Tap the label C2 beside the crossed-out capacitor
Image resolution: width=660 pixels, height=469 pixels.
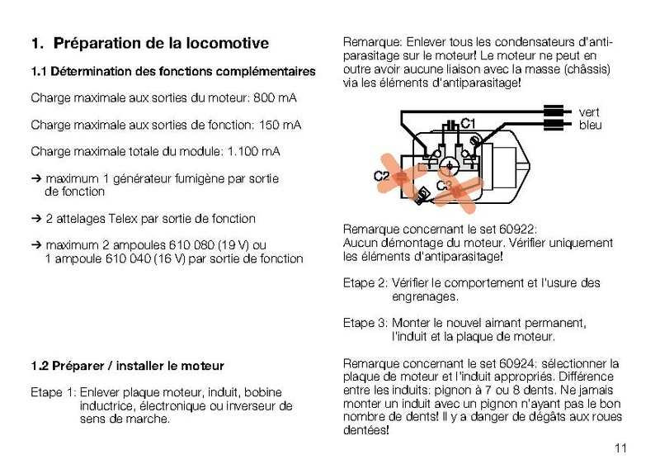click(x=381, y=176)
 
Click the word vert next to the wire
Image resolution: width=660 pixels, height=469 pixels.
click(x=589, y=111)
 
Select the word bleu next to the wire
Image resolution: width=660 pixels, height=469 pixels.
click(x=590, y=126)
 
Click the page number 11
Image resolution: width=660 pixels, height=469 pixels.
click(x=620, y=448)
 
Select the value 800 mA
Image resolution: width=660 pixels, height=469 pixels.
click(x=276, y=98)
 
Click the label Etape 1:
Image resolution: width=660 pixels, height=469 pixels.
click(x=53, y=392)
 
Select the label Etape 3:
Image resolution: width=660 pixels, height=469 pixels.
click(x=365, y=323)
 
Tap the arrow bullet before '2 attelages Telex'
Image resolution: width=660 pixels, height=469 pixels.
click(x=35, y=219)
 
